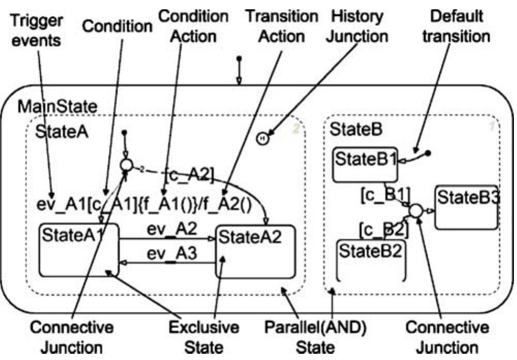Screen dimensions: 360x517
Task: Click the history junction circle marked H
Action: click(263, 138)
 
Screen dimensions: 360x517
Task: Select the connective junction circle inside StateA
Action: click(127, 165)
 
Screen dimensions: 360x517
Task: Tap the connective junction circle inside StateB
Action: click(417, 211)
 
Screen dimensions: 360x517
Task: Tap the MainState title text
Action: click(57, 107)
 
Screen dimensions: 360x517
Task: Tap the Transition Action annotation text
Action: click(281, 26)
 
